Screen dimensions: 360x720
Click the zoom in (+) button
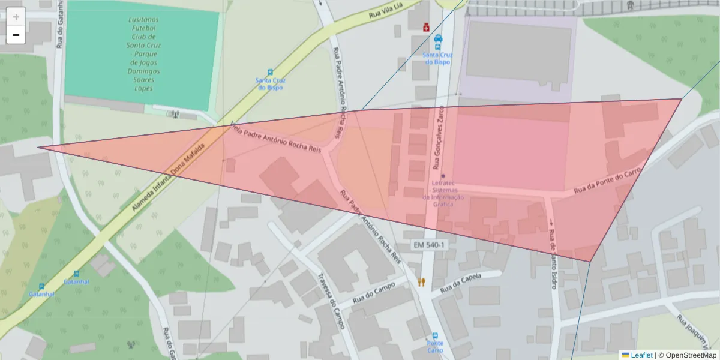point(16,17)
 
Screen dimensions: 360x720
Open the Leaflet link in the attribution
point(641,355)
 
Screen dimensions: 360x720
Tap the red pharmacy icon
point(426,28)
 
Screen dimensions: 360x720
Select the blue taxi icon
point(438,39)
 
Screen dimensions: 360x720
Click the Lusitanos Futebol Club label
point(143,54)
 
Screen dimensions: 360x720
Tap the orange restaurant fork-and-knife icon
point(421,282)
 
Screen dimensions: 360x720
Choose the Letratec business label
point(443,192)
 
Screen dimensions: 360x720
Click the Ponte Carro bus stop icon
point(435,337)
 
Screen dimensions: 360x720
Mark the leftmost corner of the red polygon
point(38,147)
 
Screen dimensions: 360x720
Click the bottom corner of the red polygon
point(590,262)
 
